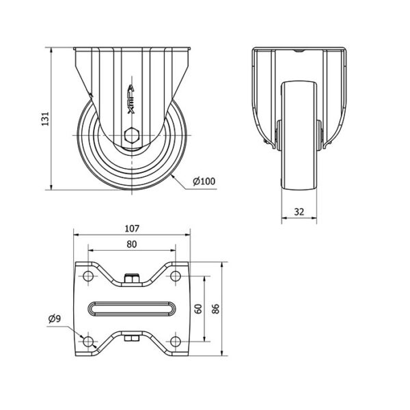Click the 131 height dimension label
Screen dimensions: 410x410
coord(45,119)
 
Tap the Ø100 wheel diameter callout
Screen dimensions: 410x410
coord(204,181)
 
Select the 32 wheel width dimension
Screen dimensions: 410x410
coord(299,212)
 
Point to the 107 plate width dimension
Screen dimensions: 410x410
coord(132,228)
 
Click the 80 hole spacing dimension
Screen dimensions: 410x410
coord(132,244)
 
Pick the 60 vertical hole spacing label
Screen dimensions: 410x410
coord(199,309)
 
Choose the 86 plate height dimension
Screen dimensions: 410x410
coord(216,309)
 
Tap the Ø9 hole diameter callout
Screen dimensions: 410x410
coord(55,318)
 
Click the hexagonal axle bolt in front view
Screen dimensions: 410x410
coord(132,135)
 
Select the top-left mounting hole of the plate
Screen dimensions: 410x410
coord(88,276)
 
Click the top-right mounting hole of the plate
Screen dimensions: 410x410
coord(176,276)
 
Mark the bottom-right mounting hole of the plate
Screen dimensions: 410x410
coord(176,342)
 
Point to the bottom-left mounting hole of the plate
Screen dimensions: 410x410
coord(88,342)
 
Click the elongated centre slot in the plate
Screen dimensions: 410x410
coord(132,309)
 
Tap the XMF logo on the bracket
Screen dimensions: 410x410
coord(131,100)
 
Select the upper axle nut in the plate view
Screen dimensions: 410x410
coord(132,278)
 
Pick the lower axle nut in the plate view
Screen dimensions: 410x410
coord(132,339)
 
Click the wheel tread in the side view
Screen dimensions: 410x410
coord(299,135)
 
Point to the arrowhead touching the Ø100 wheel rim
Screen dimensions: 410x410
coord(173,177)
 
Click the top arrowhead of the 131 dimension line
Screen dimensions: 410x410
coord(51,50)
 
